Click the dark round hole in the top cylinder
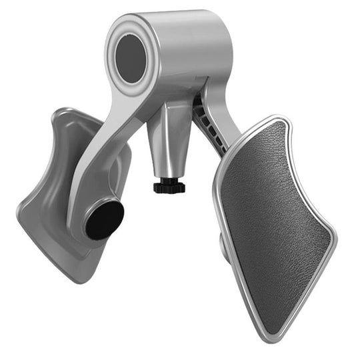(x=131, y=58)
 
